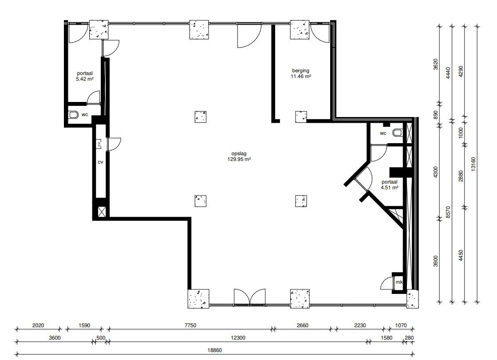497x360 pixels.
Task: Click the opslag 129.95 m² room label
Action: (x=239, y=157)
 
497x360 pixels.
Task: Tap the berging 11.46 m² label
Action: (x=301, y=74)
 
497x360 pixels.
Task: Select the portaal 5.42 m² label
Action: (x=85, y=76)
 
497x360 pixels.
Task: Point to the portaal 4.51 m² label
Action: (x=390, y=184)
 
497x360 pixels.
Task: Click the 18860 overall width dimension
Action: (x=215, y=350)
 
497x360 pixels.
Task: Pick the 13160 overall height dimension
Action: (x=473, y=164)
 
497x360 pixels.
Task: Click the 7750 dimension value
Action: (x=190, y=325)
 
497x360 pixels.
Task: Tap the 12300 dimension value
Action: (x=238, y=338)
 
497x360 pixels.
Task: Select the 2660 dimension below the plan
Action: (x=302, y=325)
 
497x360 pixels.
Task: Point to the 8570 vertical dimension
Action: (x=448, y=212)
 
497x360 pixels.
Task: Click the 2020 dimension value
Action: (x=38, y=325)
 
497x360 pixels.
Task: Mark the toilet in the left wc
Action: (x=74, y=114)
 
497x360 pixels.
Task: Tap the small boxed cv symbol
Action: (x=99, y=144)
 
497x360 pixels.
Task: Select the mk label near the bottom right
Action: (x=399, y=282)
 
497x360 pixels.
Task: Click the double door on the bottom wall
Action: (x=249, y=297)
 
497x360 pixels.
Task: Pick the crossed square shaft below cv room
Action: (x=102, y=212)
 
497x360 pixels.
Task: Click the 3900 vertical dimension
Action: (x=435, y=261)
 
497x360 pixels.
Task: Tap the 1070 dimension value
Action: (x=401, y=325)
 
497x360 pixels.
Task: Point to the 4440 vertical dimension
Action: (x=448, y=73)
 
